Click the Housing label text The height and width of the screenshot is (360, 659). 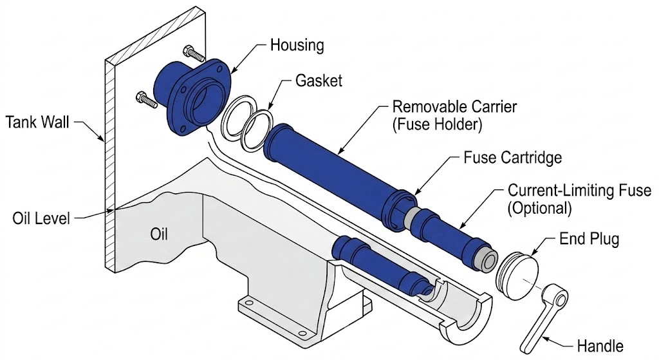(x=297, y=46)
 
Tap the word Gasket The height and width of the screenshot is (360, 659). (x=319, y=82)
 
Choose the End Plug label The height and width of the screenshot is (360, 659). (x=589, y=240)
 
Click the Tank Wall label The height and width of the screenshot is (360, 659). (x=39, y=120)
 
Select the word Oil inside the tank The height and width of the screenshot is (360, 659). (x=159, y=234)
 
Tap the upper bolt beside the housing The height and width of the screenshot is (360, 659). (x=192, y=52)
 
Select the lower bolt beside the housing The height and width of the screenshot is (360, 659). (x=145, y=99)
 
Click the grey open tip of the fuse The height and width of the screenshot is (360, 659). (x=487, y=261)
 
